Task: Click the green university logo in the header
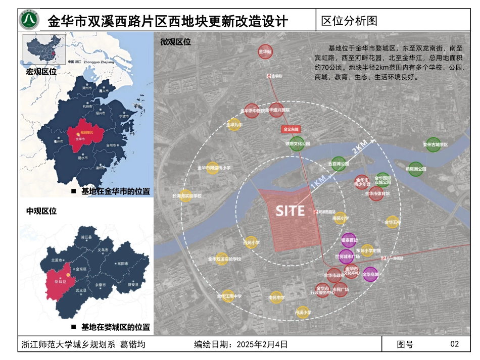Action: (29, 20)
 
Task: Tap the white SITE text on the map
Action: (290, 211)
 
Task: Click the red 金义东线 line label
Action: (292, 129)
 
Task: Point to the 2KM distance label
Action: (360, 147)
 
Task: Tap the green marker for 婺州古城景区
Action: (433, 144)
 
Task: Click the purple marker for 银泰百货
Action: (349, 240)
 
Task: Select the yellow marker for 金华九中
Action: (234, 124)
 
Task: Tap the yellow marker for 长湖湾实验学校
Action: (186, 195)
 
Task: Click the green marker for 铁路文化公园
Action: (297, 143)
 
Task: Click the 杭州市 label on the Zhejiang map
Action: (88, 107)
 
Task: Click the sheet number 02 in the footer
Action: (454, 344)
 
